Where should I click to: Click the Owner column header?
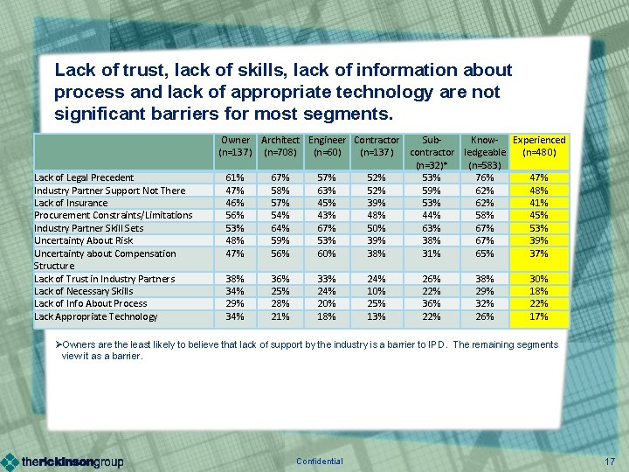point(235,146)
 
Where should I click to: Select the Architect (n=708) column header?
point(280,146)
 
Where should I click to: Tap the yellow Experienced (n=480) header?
point(538,146)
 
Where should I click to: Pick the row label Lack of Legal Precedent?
point(84,177)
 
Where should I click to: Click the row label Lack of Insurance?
point(72,203)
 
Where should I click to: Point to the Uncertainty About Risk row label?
point(83,240)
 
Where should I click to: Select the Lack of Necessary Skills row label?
point(83,291)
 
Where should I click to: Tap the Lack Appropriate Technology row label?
point(95,316)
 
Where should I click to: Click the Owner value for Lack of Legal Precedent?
point(235,177)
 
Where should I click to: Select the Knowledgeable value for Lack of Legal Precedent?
point(485,177)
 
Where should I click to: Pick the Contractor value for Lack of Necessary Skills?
point(376,291)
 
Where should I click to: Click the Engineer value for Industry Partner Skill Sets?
point(327,228)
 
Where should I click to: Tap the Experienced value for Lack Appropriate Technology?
point(538,316)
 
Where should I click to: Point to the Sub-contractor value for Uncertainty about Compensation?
point(431,253)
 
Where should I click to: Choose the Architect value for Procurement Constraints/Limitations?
point(280,215)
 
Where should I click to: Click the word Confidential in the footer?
point(320,462)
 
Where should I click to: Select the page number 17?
point(610,462)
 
